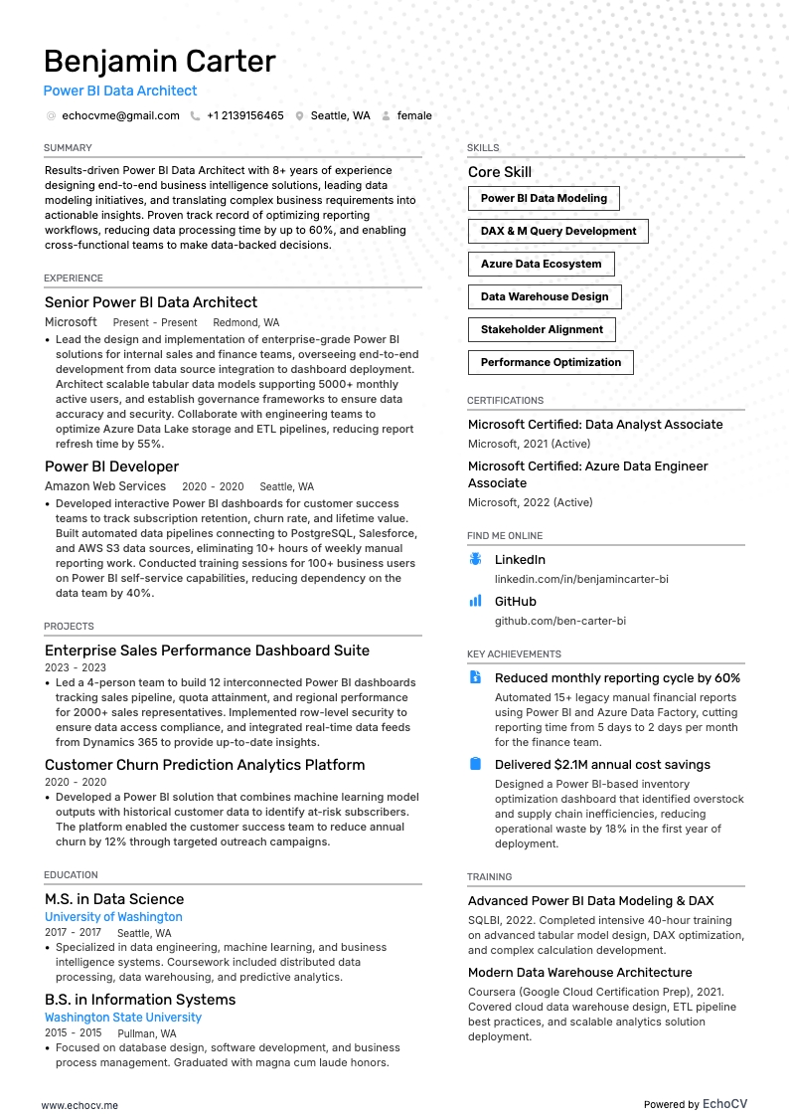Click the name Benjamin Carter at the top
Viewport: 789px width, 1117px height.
click(x=159, y=62)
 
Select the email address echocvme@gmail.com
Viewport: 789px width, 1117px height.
click(x=120, y=115)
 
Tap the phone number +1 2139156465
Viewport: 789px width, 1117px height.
click(x=244, y=115)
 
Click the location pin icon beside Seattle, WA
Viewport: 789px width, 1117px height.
click(x=299, y=115)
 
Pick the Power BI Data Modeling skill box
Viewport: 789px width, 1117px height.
click(x=544, y=198)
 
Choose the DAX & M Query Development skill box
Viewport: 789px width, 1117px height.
click(x=557, y=231)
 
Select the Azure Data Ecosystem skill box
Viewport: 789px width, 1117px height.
click(x=541, y=264)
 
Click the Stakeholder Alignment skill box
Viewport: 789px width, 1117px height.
click(x=542, y=329)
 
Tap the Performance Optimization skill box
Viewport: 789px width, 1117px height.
click(x=551, y=362)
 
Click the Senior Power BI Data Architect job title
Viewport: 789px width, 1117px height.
click(x=151, y=302)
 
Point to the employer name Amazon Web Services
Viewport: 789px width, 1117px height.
click(x=105, y=486)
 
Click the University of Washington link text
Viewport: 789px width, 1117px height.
click(x=113, y=917)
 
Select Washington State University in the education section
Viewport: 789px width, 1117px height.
click(x=123, y=1018)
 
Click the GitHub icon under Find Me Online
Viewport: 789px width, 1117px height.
click(x=475, y=602)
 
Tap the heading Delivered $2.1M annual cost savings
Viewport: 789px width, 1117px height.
click(x=602, y=765)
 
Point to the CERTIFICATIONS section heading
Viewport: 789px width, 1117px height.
click(x=505, y=401)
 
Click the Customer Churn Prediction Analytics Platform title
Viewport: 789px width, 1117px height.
click(x=205, y=765)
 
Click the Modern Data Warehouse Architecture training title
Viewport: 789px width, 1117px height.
click(x=579, y=973)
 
